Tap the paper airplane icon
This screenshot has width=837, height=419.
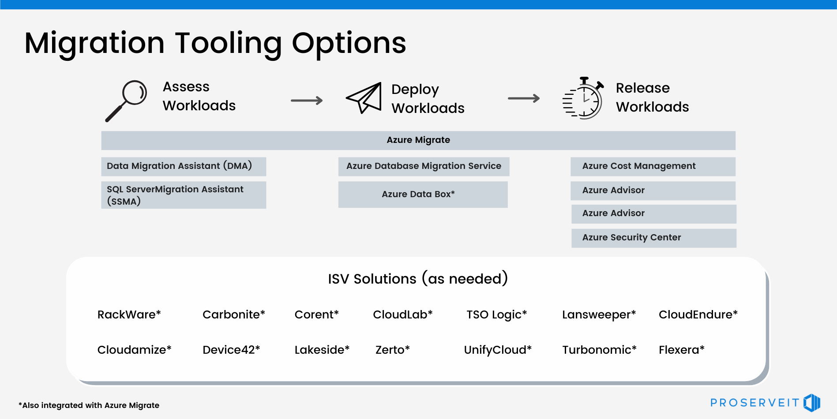click(364, 98)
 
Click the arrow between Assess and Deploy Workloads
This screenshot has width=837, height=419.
click(307, 101)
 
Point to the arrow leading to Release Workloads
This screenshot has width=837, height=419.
click(524, 98)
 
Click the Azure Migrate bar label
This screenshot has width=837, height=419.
click(418, 140)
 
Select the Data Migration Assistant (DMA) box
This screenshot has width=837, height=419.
click(184, 166)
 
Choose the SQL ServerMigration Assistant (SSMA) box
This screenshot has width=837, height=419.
click(184, 195)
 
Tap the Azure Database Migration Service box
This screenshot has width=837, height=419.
click(424, 166)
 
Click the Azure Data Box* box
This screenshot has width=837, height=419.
click(423, 195)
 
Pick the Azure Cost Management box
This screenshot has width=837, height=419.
click(653, 166)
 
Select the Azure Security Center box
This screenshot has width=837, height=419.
click(653, 238)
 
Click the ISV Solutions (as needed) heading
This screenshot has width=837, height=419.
click(418, 279)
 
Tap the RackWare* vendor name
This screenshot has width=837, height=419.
click(129, 314)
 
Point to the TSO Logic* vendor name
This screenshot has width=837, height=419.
click(497, 314)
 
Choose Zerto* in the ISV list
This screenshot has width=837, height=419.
click(392, 350)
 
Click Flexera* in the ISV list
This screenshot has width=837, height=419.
click(681, 350)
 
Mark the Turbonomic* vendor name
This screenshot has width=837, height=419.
click(599, 350)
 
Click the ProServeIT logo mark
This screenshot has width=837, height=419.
click(811, 402)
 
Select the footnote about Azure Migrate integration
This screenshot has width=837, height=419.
click(89, 405)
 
